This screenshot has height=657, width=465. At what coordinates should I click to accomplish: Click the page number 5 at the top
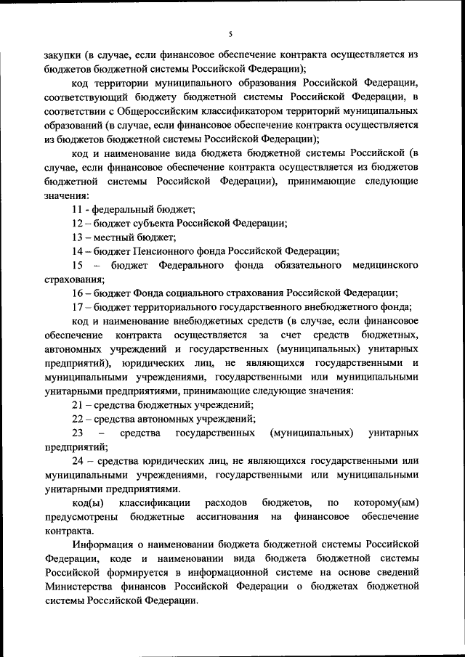[230, 33]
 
